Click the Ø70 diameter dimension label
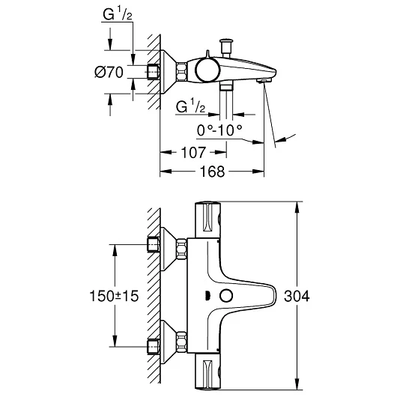point(109,72)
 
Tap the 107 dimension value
point(193,152)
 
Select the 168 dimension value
point(212,172)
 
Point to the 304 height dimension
point(297,296)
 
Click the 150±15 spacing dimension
point(114,296)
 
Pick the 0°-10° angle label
point(219,130)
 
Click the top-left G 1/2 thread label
point(118,14)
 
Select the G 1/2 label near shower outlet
point(190,106)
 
